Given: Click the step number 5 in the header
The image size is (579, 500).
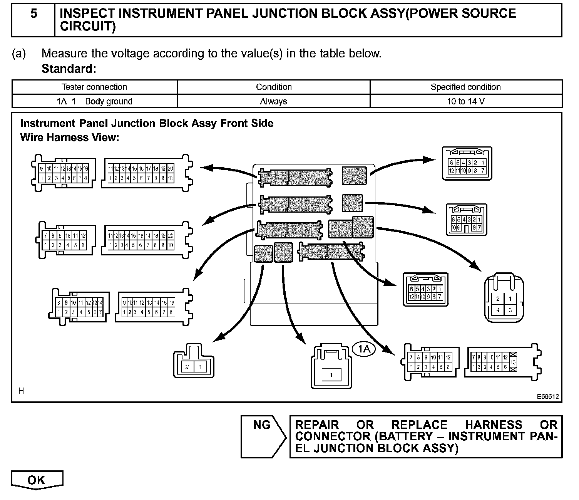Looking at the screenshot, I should click(x=34, y=14).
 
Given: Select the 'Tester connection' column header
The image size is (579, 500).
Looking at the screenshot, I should click(x=94, y=87).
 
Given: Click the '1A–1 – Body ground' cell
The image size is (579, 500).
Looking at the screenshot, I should click(x=94, y=101).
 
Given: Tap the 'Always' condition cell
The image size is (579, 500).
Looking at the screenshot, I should click(x=273, y=101).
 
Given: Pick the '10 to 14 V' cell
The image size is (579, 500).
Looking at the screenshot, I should click(x=465, y=101).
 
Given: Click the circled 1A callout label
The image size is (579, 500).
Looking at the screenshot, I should click(x=364, y=349).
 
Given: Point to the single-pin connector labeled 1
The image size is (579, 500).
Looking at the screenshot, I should click(x=331, y=368).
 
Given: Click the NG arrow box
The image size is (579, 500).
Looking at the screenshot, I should click(x=263, y=436).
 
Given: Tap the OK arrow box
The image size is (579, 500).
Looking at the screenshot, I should click(x=37, y=480).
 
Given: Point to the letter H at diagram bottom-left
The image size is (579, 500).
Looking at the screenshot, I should click(x=21, y=391).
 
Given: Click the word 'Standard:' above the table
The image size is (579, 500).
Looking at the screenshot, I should click(x=69, y=69).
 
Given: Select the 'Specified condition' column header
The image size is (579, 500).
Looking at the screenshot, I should click(x=465, y=87).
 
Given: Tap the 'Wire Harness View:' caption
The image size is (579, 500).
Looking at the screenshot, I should click(x=70, y=138).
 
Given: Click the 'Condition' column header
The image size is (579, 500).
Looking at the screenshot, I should click(x=274, y=87).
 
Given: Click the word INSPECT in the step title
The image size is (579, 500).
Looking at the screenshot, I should click(x=87, y=14).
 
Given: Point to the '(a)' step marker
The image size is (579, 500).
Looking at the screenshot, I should click(x=19, y=54).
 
